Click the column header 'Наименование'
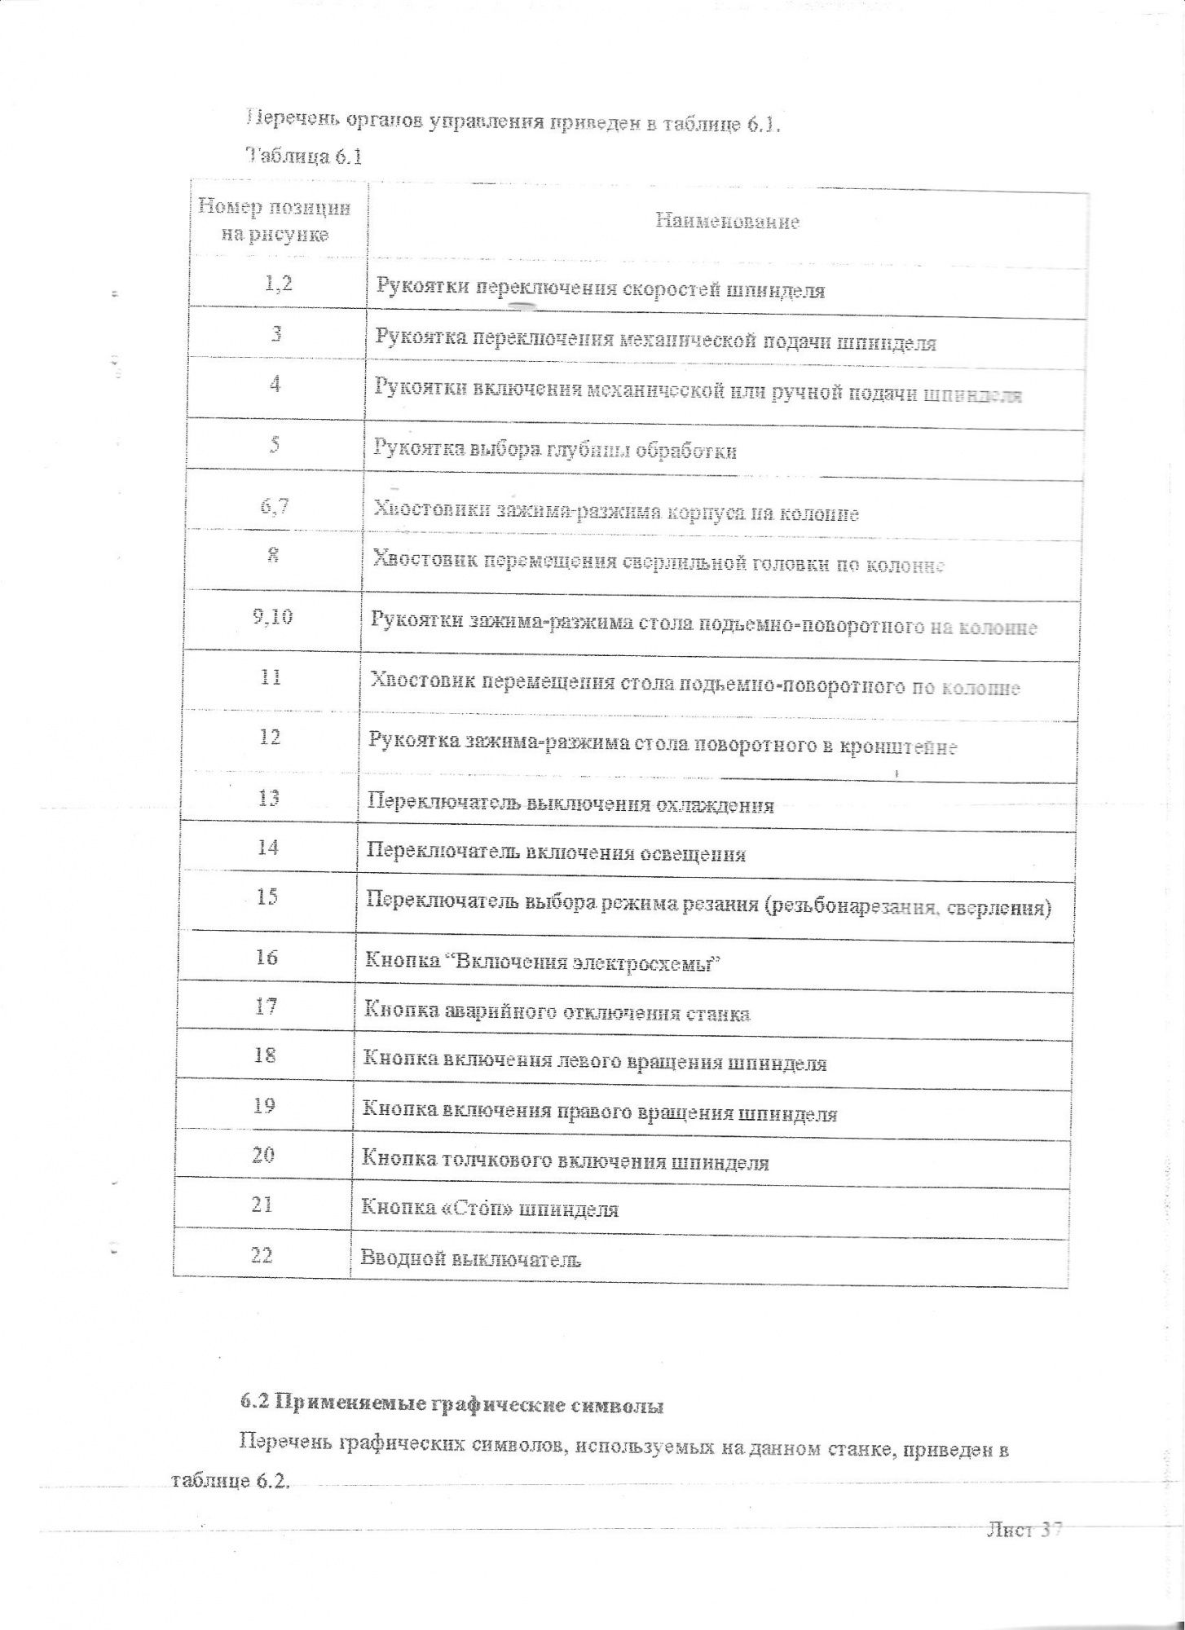click(727, 222)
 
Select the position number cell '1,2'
click(277, 284)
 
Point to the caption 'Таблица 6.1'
click(303, 157)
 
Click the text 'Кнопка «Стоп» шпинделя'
click(489, 1209)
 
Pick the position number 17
click(266, 1007)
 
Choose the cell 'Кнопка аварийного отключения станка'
click(556, 1013)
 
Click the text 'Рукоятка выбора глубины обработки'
click(554, 450)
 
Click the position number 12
click(270, 737)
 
